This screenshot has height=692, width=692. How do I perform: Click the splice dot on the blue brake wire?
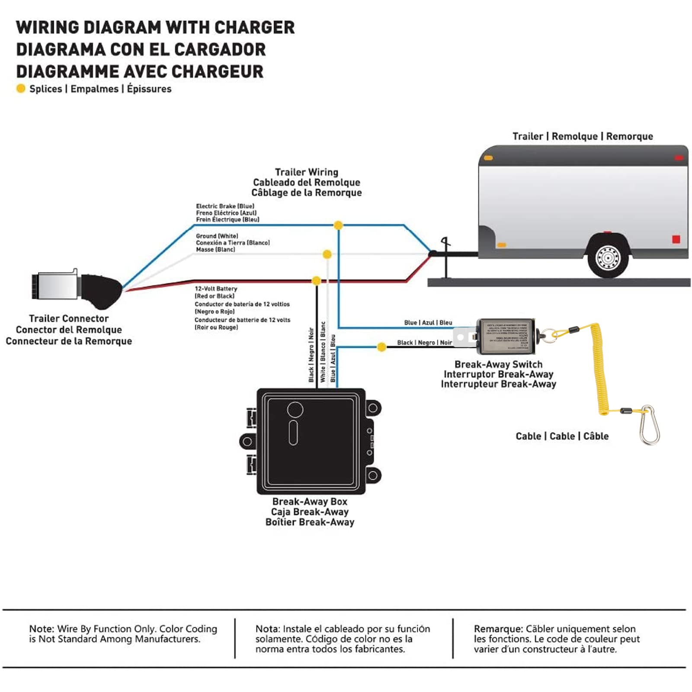click(338, 225)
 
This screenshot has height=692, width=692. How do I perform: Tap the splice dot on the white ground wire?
click(327, 254)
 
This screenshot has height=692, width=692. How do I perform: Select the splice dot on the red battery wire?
click(316, 281)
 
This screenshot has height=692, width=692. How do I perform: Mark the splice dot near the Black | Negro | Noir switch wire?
click(381, 347)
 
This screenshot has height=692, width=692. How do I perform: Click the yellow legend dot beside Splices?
click(20, 89)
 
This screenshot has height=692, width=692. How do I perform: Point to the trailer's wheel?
click(607, 258)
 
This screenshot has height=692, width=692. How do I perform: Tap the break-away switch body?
click(506, 336)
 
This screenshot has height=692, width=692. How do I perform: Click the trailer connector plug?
click(76, 286)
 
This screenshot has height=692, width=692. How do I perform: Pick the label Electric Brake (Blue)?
click(225, 206)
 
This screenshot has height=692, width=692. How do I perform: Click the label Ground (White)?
click(217, 236)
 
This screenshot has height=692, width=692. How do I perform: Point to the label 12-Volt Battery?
click(216, 288)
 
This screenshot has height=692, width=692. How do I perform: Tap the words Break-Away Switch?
click(498, 365)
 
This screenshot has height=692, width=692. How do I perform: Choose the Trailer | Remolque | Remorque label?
click(583, 137)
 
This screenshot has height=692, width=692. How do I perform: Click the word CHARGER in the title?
click(254, 28)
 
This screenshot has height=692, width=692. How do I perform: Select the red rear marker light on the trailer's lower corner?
click(676, 239)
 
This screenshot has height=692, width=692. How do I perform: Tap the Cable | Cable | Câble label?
click(562, 436)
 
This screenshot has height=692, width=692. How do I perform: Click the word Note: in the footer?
click(42, 629)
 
